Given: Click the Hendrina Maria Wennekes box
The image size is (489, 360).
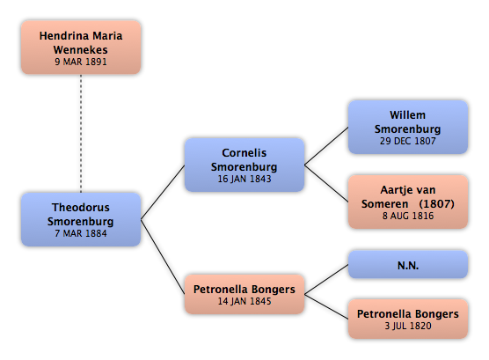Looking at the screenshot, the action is pos(81,48).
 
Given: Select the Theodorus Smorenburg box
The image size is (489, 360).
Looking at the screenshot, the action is pos(81,219).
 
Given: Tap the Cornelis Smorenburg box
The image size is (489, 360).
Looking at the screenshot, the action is pos(244,165).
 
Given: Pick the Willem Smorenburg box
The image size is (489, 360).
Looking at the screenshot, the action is pos(408,127).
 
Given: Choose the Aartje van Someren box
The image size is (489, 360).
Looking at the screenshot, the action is pos(408,202).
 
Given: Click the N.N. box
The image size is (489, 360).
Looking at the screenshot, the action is pos(408,264).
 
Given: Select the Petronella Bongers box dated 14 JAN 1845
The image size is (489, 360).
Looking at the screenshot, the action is pos(244,294).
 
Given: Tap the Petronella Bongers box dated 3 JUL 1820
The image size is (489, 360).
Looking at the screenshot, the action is pos(408,319).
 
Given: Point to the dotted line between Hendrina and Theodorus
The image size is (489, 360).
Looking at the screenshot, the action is pos(81,134).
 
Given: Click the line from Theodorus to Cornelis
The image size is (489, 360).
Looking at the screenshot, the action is pos(163,193).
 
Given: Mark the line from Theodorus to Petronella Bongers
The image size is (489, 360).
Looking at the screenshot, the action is pos(163,257).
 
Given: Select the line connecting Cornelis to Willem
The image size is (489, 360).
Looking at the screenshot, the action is pos(326,146).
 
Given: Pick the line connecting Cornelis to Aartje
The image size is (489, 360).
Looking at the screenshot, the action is pos(326,183).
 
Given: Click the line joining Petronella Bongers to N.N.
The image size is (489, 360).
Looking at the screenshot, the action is pos(326,279).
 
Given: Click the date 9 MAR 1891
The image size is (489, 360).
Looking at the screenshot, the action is pos(81,62).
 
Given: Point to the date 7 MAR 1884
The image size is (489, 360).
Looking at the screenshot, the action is pos(81,233).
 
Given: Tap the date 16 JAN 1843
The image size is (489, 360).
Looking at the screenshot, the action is pos(244,179).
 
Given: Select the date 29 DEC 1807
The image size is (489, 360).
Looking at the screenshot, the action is pos(408,141).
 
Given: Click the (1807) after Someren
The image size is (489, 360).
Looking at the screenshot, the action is pos(436,204).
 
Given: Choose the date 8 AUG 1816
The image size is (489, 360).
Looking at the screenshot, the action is pos(408,216).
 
